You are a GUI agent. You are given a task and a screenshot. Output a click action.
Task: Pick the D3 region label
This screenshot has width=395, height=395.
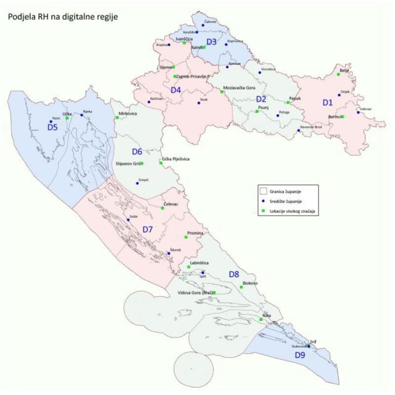[x=211, y=42]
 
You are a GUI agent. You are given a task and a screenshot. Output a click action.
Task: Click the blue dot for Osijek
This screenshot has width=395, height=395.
[x=339, y=95]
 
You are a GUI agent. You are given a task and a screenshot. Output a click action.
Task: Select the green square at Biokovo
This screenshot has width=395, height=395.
[x=241, y=287]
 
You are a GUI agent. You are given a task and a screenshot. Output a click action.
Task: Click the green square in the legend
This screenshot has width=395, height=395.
[x=263, y=211]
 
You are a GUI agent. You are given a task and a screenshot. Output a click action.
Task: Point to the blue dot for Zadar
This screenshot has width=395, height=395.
[x=128, y=219]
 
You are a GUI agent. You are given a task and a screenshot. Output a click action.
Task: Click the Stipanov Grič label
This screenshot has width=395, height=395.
[x=127, y=164]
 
